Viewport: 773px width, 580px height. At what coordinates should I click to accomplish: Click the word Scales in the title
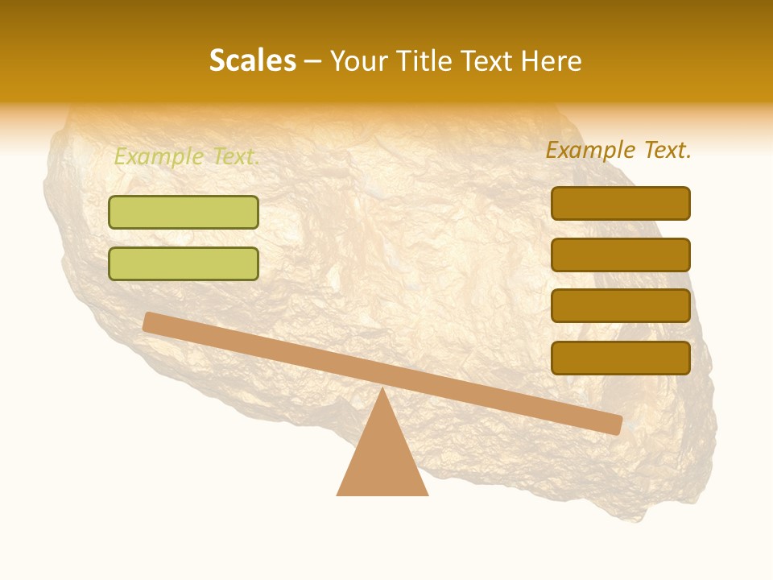pyautogui.click(x=252, y=61)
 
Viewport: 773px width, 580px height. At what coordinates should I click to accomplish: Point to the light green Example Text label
pyautogui.click(x=187, y=156)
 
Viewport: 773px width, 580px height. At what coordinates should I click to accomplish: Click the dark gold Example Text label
pyautogui.click(x=618, y=150)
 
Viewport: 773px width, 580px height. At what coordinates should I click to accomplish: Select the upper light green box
pyautogui.click(x=184, y=212)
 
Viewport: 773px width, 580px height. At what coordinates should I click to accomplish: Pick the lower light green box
pyautogui.click(x=184, y=263)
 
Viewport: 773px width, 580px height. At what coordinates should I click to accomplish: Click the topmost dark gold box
pyautogui.click(x=621, y=203)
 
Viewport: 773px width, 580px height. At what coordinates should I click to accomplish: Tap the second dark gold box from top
pyautogui.click(x=621, y=255)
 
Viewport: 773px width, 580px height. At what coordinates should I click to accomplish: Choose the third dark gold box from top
pyautogui.click(x=621, y=306)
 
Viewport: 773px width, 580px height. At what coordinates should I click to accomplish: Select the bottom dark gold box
pyautogui.click(x=621, y=358)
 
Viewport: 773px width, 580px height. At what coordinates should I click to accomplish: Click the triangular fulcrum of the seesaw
pyautogui.click(x=382, y=459)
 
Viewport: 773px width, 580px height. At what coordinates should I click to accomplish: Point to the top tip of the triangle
pyautogui.click(x=382, y=389)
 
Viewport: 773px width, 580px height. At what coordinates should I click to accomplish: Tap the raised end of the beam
pyautogui.click(x=150, y=321)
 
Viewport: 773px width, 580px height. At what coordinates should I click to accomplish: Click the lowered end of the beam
pyautogui.click(x=616, y=425)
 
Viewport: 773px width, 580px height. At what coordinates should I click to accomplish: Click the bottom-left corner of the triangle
pyautogui.click(x=338, y=494)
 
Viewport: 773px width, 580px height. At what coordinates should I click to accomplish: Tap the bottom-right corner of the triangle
pyautogui.click(x=427, y=494)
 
